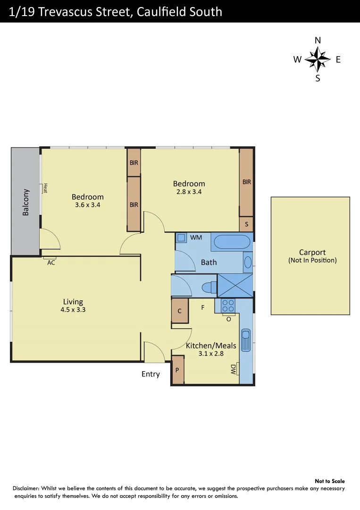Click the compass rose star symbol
(318, 59)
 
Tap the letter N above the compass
(318, 41)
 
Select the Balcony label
(26, 203)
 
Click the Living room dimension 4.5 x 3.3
(73, 310)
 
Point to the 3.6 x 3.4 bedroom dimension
(88, 205)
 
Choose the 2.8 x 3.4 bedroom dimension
(189, 192)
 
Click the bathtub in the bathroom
(232, 242)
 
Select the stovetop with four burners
(228, 305)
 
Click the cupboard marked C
(180, 311)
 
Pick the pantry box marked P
(177, 370)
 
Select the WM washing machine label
(196, 237)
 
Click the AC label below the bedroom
(51, 263)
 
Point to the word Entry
(151, 374)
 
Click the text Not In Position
(312, 260)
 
